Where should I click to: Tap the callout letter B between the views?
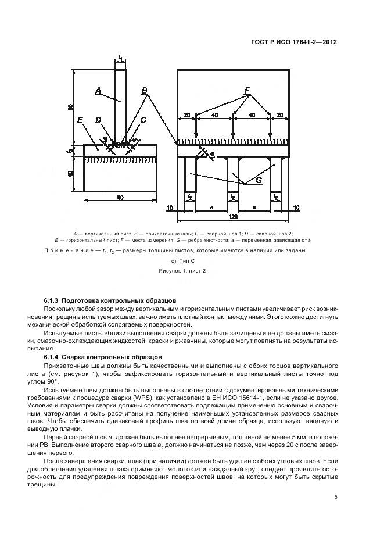(145, 90)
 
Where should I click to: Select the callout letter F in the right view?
(247, 90)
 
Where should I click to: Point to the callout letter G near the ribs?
(259, 180)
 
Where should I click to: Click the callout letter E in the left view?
(80, 120)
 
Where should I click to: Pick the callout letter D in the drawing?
(98, 120)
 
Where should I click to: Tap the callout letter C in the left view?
(143, 120)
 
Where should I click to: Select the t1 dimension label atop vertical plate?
(120, 58)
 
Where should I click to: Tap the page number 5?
(336, 497)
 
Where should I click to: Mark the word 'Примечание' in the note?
(63, 250)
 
